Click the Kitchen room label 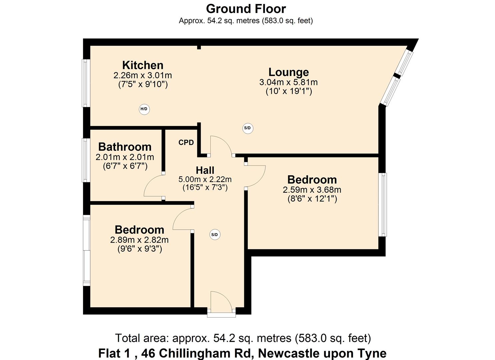click(x=143, y=65)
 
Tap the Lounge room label click(x=289, y=72)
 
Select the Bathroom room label click(x=125, y=147)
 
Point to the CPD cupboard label click(x=186, y=143)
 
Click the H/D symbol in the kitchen click(x=144, y=109)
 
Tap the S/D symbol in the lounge click(x=247, y=128)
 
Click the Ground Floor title click(x=246, y=9)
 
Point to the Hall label click(x=205, y=170)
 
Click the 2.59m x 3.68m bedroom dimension click(x=312, y=190)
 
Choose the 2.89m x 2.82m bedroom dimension click(x=139, y=240)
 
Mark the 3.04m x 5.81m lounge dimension click(x=289, y=82)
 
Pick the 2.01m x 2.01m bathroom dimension click(x=125, y=157)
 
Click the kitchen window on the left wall click(x=86, y=83)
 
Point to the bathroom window click(x=86, y=160)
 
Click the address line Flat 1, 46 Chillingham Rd click(x=242, y=353)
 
